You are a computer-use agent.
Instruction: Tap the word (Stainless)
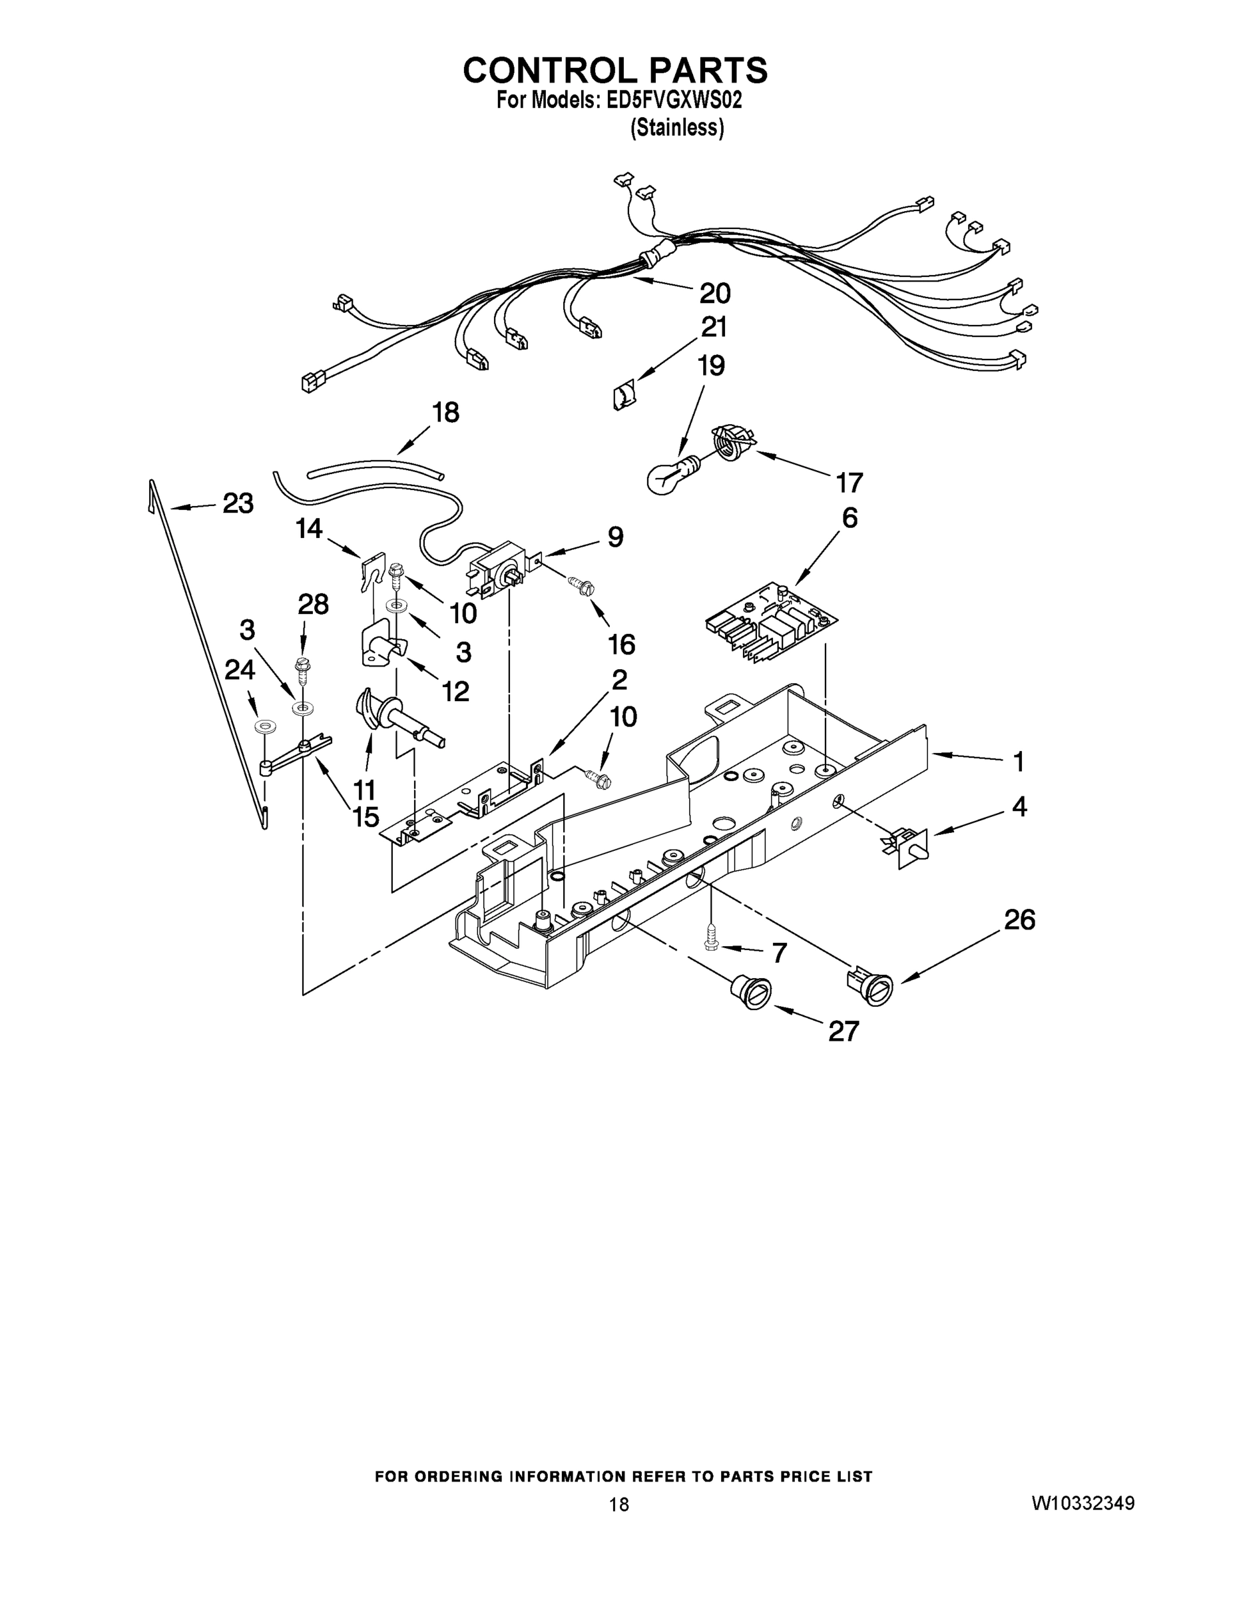point(677,128)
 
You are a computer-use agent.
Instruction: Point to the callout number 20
point(715,294)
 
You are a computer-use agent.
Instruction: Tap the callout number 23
point(238,503)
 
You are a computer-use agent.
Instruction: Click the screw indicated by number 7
point(710,937)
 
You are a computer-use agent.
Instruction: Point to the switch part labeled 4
point(909,848)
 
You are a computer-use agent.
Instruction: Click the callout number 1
point(1018,762)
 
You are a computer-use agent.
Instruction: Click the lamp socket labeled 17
point(733,443)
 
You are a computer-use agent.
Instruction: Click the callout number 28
point(313,605)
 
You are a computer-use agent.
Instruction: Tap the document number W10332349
point(1083,1503)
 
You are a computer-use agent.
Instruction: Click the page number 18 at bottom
point(618,1504)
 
